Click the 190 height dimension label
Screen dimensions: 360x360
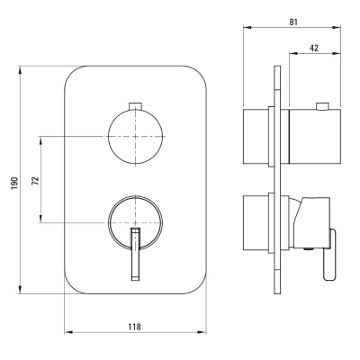click(15, 183)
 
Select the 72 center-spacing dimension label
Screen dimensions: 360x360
click(36, 180)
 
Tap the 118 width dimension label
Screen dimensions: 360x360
click(134, 327)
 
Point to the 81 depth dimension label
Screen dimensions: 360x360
click(293, 22)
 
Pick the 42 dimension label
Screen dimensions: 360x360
click(314, 48)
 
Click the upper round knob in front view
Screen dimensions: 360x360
click(136, 137)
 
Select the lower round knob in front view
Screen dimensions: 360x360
click(136, 223)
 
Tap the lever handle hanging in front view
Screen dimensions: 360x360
click(136, 255)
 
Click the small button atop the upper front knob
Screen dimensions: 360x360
click(136, 106)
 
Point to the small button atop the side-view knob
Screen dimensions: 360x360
click(322, 106)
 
